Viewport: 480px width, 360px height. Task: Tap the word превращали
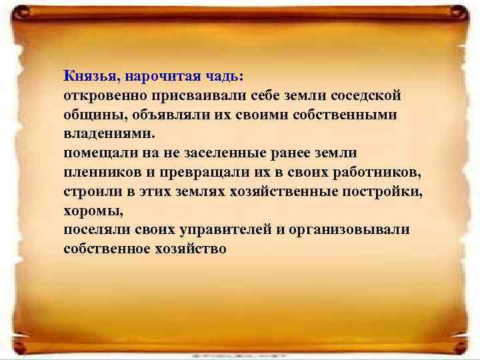203,172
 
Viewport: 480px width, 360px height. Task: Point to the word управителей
221,230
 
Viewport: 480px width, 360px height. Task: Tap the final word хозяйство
189,249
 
